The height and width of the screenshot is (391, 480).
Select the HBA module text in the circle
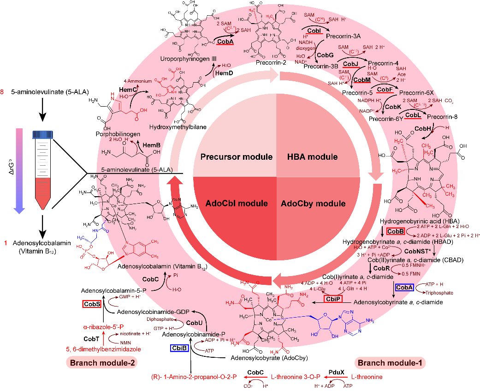(314, 157)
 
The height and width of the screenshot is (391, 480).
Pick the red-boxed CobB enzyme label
(395, 231)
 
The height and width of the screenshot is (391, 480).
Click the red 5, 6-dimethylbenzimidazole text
(109, 349)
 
